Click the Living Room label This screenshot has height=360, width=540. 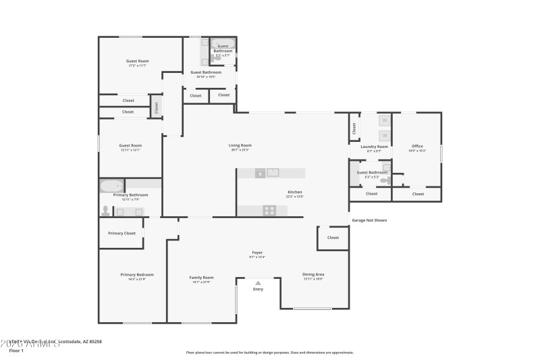coord(240,145)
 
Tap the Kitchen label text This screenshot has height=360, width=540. coord(295,192)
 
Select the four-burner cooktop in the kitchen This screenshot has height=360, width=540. coord(269,210)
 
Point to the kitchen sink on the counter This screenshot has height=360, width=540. coord(273,173)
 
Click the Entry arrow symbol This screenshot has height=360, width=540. coord(258,283)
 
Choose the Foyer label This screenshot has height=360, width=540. coord(258,253)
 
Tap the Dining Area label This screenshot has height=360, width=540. coord(313,274)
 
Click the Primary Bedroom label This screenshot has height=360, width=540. coord(137,275)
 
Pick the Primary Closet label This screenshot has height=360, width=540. coord(122,233)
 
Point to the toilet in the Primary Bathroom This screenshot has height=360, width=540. coord(105,211)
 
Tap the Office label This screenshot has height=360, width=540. coord(417,147)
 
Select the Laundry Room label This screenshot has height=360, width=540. coord(374,147)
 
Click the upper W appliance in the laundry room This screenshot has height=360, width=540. coord(384,121)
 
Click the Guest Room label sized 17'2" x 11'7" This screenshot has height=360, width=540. coord(138,61)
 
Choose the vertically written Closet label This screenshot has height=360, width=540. coord(157,107)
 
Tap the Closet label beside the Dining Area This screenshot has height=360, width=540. coord(333,238)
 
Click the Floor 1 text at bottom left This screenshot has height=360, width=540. coord(16,351)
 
